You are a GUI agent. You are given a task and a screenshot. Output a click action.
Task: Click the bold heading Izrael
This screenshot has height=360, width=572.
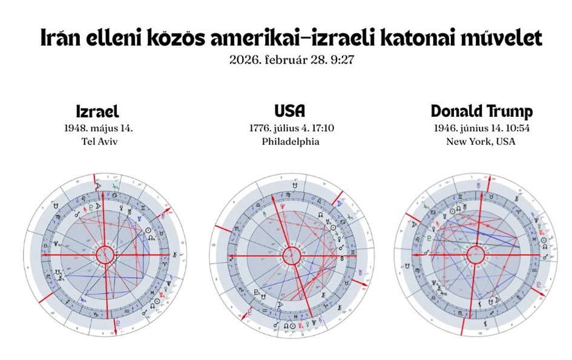[97, 112]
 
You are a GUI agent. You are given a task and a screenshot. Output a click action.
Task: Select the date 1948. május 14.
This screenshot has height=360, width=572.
[98, 128]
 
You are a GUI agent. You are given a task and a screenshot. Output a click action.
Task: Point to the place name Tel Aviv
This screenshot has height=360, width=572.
[98, 142]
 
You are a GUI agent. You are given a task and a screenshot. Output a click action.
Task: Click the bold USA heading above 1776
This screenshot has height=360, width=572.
[290, 111]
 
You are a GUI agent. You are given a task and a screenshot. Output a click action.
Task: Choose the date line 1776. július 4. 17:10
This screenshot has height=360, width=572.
[290, 128]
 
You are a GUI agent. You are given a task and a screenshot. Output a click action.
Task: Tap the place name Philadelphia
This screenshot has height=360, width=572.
[290, 142]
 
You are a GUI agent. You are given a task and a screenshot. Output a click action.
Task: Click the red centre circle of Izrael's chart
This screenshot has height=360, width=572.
[107, 256]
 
